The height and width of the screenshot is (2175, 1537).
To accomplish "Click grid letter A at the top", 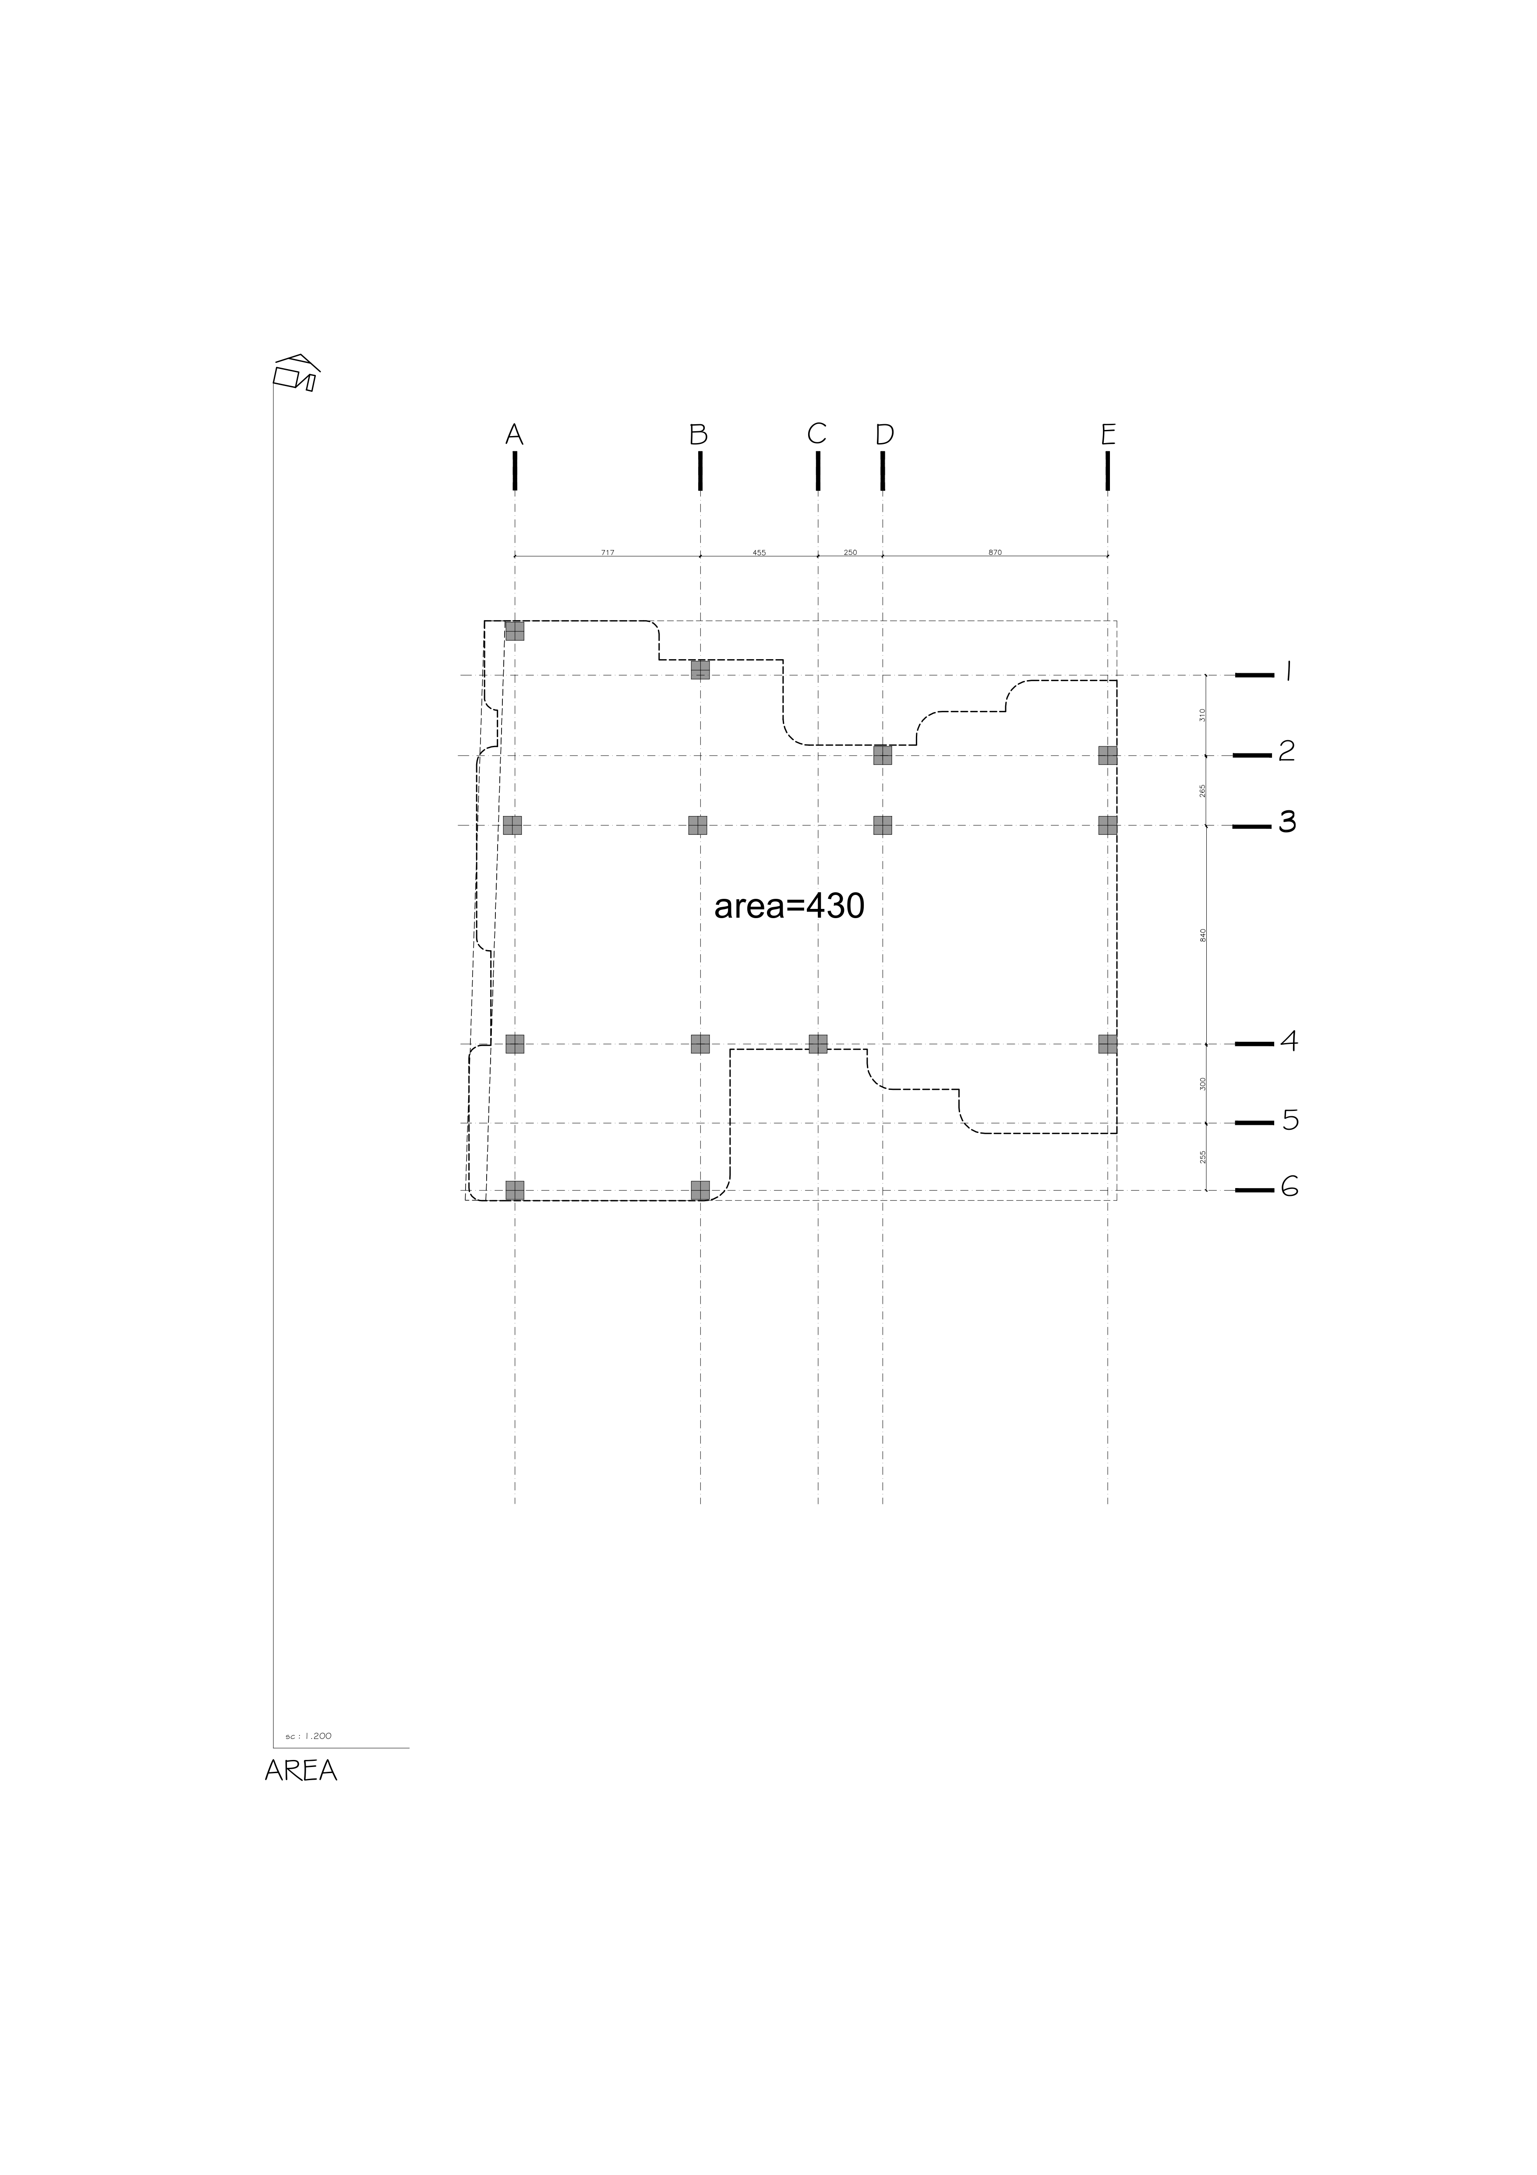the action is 514,435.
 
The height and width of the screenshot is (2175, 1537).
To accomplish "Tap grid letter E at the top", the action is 1108,435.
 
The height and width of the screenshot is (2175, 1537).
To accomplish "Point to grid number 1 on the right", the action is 1288,673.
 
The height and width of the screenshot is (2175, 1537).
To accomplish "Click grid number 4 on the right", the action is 1289,1042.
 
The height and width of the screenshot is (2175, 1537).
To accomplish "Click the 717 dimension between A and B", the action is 607,552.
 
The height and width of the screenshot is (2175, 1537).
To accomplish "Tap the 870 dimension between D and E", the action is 994,552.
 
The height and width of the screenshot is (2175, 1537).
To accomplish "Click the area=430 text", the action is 789,907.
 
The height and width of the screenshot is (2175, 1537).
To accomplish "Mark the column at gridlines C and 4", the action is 818,1044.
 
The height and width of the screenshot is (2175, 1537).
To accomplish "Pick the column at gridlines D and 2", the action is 883,755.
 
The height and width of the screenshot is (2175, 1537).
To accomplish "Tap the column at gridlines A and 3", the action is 512,825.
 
